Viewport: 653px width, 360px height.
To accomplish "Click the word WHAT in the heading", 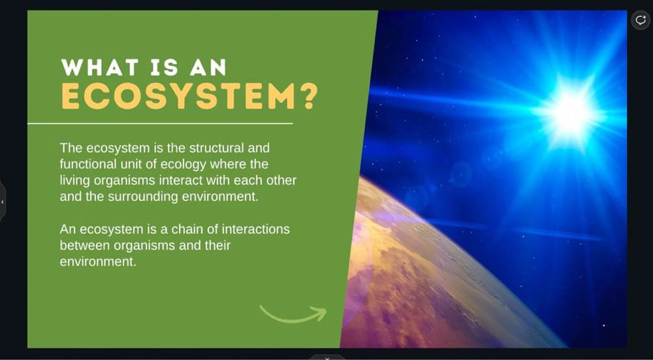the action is [99, 67].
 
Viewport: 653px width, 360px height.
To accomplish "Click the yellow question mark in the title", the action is [309, 97].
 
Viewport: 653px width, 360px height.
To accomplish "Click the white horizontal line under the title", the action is [160, 123].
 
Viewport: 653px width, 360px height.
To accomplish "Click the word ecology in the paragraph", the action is [183, 165].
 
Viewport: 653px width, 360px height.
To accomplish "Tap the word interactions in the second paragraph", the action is [256, 229].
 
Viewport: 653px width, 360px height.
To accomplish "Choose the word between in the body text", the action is [85, 246].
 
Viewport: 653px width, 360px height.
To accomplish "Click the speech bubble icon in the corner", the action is [641, 20].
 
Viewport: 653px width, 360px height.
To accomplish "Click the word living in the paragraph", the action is [75, 181].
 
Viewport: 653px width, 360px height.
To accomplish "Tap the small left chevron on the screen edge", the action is [3, 202].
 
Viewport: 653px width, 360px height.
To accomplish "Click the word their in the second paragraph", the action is [217, 246].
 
